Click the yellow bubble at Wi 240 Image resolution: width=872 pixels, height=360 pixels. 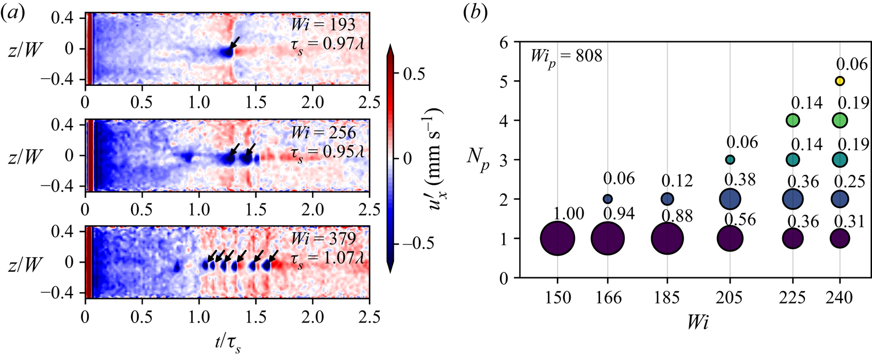840,81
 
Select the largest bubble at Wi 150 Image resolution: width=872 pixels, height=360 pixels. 558,238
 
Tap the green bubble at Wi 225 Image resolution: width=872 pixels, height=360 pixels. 793,120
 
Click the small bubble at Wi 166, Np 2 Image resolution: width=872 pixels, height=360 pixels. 608,199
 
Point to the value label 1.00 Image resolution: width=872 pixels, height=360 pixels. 569,214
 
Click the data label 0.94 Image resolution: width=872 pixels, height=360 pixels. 619,214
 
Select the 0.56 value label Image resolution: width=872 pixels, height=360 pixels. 740,219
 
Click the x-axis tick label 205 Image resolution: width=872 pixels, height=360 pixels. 730,298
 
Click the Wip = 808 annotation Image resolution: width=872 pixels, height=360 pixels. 566,56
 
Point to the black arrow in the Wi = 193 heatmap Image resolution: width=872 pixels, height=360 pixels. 235,43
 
